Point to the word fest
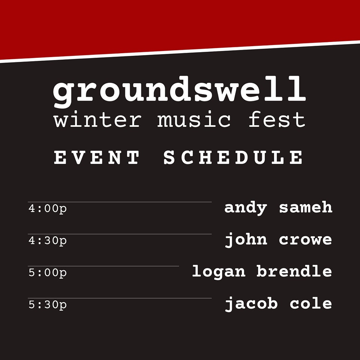[277, 119]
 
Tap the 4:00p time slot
[48, 209]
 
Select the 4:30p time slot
[48, 241]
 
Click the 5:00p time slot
[48, 273]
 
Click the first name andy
[246, 208]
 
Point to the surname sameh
[306, 207]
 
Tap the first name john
[246, 240]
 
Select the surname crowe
[305, 240]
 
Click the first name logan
[219, 272]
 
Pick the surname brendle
[294, 271]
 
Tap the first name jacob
[251, 304]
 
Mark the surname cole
[311, 303]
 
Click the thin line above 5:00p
[103, 266]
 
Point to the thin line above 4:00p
[120, 202]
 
